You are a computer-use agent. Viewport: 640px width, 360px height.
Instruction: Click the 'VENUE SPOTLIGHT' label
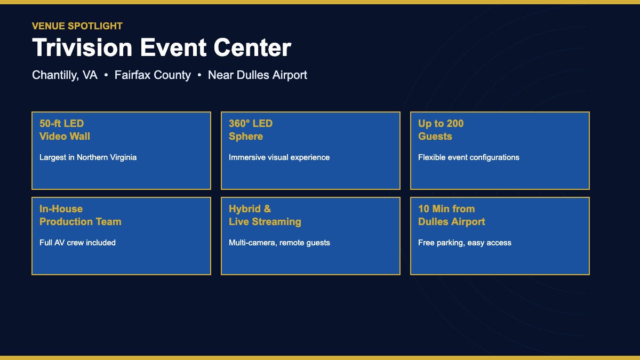tap(77, 26)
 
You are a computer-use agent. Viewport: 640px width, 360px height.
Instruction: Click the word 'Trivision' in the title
tap(82, 47)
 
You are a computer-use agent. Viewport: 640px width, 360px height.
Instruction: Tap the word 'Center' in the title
tap(252, 47)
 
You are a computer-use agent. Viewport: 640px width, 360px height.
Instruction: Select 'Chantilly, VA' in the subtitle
tap(65, 75)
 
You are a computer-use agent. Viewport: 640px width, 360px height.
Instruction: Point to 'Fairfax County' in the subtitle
tap(153, 75)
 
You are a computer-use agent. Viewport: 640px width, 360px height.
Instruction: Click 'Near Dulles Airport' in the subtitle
tap(258, 75)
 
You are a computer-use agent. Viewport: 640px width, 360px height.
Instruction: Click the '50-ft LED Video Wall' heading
tap(65, 130)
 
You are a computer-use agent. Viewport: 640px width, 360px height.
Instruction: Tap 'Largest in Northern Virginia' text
tap(88, 157)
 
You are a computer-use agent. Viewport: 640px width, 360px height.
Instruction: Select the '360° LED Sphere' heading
tap(251, 130)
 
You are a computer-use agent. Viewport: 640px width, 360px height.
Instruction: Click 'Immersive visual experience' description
tap(279, 157)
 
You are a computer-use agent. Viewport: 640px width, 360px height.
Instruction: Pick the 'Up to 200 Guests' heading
tap(441, 130)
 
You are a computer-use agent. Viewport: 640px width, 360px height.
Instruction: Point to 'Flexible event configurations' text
tap(468, 157)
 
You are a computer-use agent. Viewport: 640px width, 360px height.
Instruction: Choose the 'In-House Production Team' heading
tap(80, 215)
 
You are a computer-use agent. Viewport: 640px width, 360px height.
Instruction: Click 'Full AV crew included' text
tap(77, 243)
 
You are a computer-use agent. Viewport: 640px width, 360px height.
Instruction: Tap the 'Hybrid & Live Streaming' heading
tap(265, 215)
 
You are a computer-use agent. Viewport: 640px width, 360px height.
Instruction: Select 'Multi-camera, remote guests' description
tap(279, 243)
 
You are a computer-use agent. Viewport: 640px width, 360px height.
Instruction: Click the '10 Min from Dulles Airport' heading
tap(451, 215)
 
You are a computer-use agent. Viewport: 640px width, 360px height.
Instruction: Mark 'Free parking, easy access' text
tap(465, 243)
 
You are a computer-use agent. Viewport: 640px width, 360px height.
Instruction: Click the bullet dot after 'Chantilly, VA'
tap(106, 76)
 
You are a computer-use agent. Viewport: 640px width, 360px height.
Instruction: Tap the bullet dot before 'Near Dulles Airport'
tap(199, 76)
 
